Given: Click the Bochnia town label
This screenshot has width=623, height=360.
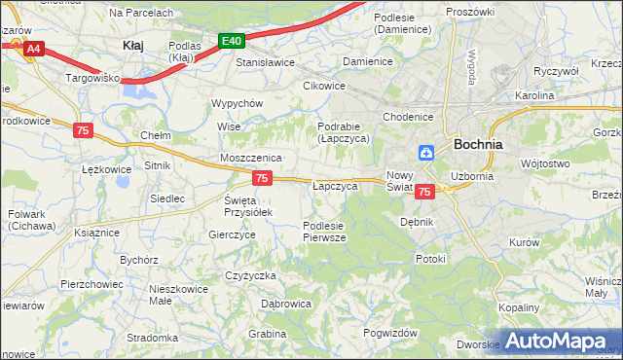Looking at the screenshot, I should click(x=478, y=144).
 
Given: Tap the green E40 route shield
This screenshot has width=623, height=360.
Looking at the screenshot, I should click(x=231, y=41).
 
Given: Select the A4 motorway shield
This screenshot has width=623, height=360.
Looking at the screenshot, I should click(x=34, y=48).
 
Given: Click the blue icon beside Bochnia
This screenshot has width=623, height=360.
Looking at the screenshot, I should click(x=426, y=152).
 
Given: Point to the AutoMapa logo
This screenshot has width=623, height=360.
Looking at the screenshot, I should click(x=560, y=342).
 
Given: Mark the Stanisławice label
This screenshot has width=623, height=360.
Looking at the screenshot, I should click(x=265, y=62).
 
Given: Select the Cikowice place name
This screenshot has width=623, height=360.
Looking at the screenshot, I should click(x=324, y=85).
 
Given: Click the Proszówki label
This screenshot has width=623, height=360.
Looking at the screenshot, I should click(x=470, y=11).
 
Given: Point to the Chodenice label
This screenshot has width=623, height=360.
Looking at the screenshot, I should click(x=407, y=117).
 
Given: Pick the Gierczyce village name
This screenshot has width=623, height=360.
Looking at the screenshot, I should click(x=232, y=234).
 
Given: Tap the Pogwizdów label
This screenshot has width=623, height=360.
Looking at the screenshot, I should click(x=389, y=333).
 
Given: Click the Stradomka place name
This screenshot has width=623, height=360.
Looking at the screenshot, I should click(x=151, y=339).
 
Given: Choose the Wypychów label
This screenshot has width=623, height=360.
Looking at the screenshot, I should click(x=238, y=103).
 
